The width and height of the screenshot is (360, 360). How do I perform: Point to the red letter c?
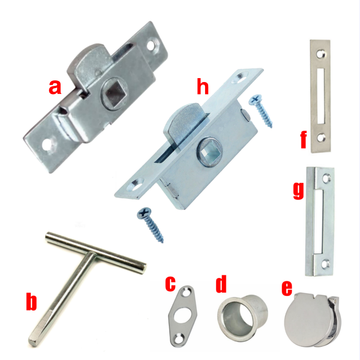point(171,283)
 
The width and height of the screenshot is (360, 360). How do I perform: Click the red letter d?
point(221,285)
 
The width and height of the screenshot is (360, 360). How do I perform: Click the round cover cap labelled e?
point(307,321)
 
